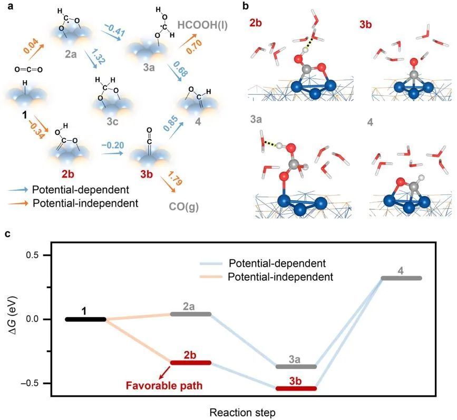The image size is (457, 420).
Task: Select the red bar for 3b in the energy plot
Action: point(300,388)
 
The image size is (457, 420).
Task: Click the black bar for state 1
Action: point(85,319)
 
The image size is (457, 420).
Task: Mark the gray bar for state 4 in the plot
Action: point(401,278)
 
